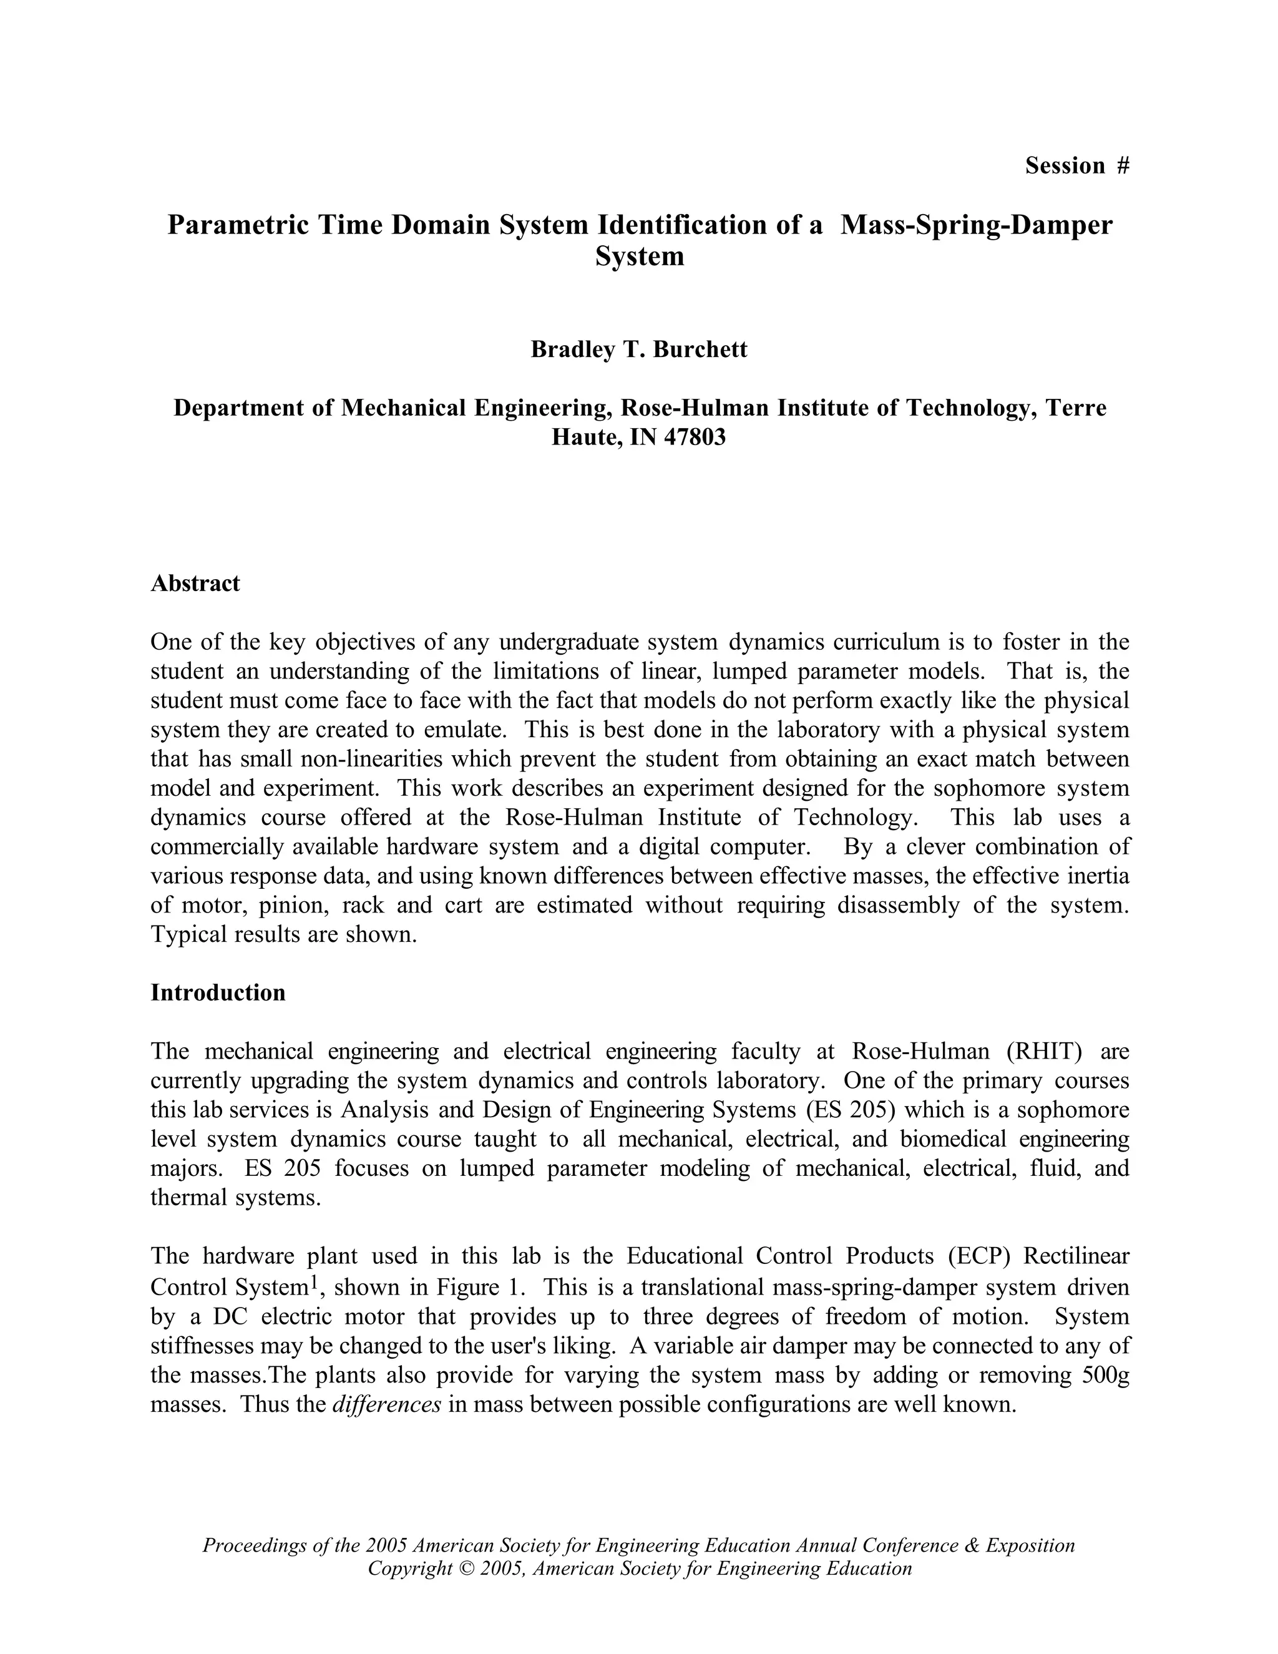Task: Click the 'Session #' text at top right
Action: (1076, 165)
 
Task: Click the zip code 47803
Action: (695, 437)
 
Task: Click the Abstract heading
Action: (195, 583)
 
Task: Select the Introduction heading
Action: (218, 992)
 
